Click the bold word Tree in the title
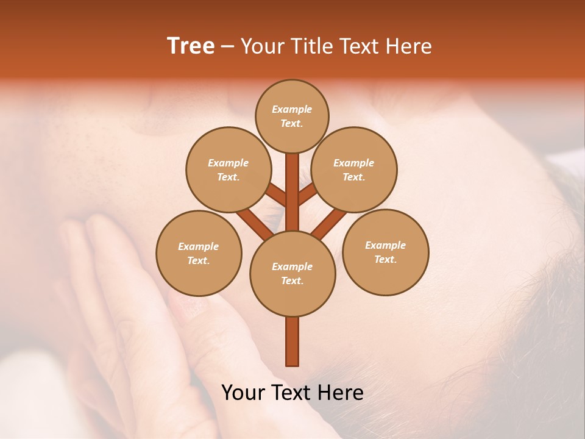pos(191,46)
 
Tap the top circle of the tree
pos(292,116)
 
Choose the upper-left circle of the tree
pos(228,170)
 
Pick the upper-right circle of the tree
pos(354,170)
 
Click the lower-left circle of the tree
pos(199,253)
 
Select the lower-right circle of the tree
pos(385,252)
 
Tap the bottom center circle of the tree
pos(292,273)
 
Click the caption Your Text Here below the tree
pos(292,393)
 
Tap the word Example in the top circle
pos(292,110)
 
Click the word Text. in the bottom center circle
pos(292,281)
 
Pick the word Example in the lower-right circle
pos(385,245)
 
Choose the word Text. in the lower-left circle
pos(199,261)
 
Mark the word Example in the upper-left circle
pos(228,163)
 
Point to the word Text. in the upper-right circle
pos(354,177)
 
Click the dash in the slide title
pos(227,46)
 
